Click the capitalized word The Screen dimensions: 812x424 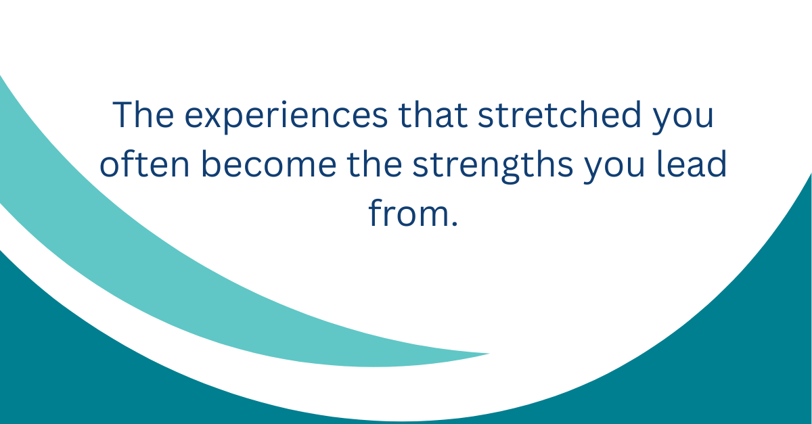point(143,114)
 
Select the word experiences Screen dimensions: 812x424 point(286,117)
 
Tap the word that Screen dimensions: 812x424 point(433,114)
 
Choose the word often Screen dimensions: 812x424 point(145,164)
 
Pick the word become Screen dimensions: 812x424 point(269,164)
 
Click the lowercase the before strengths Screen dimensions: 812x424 point(374,164)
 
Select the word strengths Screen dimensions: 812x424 point(493,166)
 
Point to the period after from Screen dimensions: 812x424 point(455,223)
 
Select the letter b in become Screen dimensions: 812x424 point(212,164)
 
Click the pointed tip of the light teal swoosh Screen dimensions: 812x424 point(489,354)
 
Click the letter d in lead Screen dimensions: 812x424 point(715,164)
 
